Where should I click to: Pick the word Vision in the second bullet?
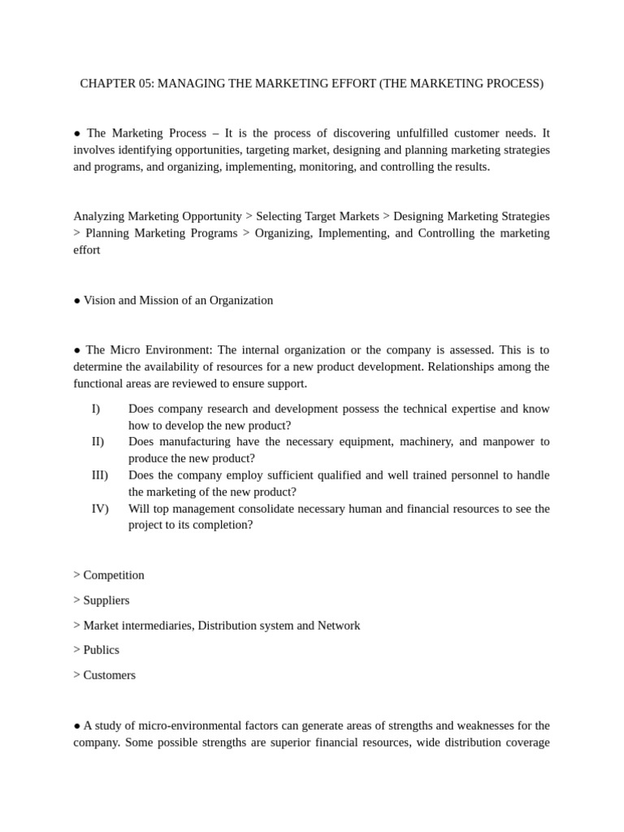pos(99,300)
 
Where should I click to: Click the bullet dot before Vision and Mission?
pos(77,300)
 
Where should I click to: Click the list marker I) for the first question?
pos(96,409)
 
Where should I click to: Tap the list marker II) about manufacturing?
pos(97,441)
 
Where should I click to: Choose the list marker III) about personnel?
pos(99,474)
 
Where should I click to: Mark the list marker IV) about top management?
pos(100,509)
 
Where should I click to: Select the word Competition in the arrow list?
pos(114,575)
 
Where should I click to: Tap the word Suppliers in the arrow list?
pos(106,600)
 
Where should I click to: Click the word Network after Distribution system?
pos(339,626)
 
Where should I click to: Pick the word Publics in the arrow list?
pos(102,650)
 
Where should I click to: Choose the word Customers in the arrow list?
pos(110,675)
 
